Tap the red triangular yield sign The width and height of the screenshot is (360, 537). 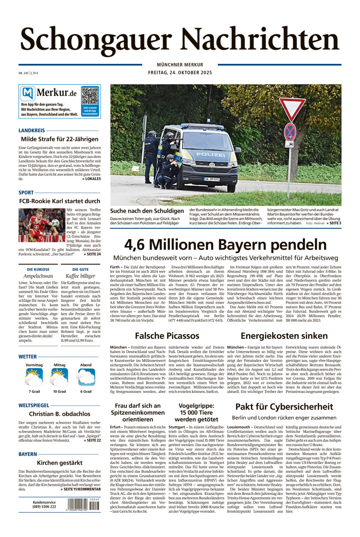pos(292,108)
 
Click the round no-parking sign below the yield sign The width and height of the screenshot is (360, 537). pos(290,131)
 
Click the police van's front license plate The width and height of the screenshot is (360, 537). pos(211,180)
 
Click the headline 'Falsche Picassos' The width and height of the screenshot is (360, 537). pos(167,335)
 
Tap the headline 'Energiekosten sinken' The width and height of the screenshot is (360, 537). pos(284,335)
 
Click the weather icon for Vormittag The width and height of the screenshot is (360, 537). pos(34,377)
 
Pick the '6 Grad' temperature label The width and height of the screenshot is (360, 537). pos(86,391)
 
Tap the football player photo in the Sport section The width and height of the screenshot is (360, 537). pos(41,226)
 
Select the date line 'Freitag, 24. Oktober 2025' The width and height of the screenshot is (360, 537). pos(180,73)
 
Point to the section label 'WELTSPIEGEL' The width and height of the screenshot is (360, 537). pos(34,405)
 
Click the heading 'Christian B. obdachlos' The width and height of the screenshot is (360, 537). pos(60,414)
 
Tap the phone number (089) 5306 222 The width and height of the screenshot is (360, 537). pos(44,506)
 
